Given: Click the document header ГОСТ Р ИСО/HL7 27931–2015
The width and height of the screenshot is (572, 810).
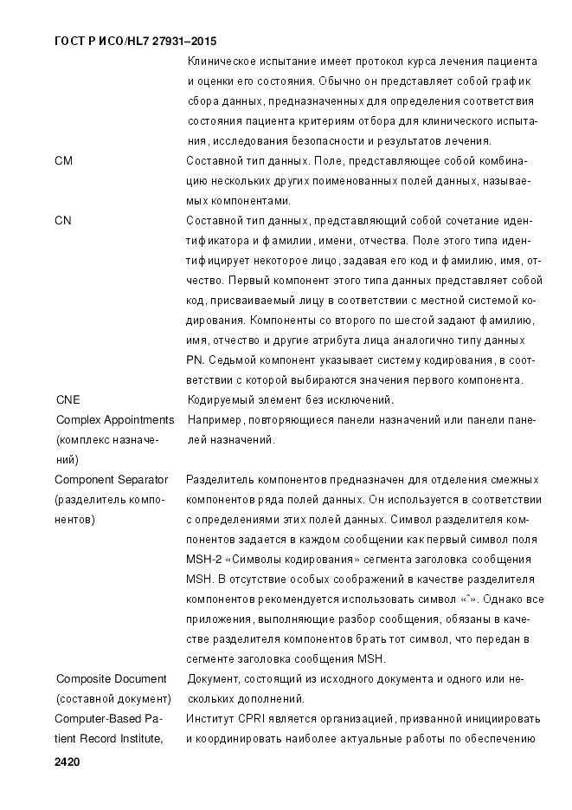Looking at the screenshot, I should point(135,41).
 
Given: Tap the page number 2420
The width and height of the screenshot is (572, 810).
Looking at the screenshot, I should point(67,762).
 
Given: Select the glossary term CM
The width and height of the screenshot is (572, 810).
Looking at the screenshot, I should point(63,160).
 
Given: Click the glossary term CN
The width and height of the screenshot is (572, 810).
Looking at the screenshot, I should point(63,221).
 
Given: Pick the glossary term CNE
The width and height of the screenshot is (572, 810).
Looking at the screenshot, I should point(67,400).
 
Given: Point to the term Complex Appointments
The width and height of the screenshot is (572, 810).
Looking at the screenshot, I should point(115,420).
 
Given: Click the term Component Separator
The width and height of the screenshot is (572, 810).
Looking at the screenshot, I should point(111,480).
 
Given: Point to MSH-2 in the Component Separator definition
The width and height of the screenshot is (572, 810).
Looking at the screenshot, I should point(202,560).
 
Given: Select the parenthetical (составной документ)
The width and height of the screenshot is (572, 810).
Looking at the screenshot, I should point(113,699).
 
